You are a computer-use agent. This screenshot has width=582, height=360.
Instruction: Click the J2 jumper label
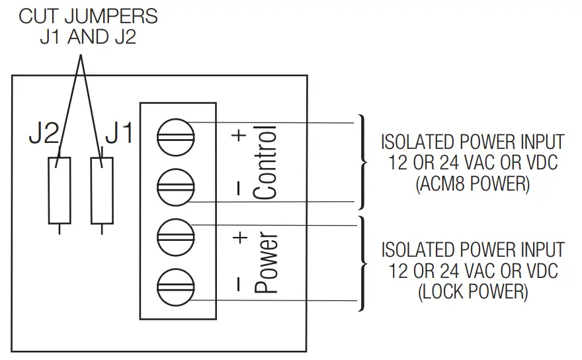[x=44, y=134]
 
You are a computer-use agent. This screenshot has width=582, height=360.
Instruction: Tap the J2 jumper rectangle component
[x=58, y=191]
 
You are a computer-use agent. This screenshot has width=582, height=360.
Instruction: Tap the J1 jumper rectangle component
[x=101, y=191]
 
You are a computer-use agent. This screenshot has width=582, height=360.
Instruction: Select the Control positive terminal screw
[x=175, y=136]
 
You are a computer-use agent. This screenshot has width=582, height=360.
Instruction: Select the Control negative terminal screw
[x=175, y=186]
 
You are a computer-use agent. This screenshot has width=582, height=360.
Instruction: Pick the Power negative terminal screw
[x=175, y=286]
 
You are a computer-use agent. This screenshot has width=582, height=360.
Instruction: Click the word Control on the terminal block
[x=265, y=162]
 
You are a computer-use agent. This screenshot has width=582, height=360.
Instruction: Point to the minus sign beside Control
[x=239, y=188]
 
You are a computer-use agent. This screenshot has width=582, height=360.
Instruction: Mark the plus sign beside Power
[x=239, y=236]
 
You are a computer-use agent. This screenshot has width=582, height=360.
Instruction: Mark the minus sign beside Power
[x=239, y=284]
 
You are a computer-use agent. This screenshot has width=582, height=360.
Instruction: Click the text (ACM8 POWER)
[x=473, y=185]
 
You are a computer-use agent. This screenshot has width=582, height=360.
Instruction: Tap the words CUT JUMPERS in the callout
[x=88, y=16]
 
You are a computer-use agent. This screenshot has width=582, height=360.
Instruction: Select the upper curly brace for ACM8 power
[x=362, y=162]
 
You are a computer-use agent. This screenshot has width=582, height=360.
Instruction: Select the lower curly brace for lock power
[x=362, y=263]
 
